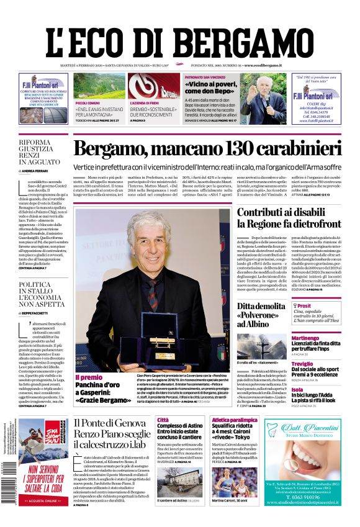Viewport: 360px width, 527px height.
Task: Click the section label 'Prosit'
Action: point(304,306)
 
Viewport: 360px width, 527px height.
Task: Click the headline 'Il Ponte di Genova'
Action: point(112,422)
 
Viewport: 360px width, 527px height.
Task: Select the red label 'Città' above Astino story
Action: point(163,420)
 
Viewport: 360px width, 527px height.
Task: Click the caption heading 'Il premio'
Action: point(89,377)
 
